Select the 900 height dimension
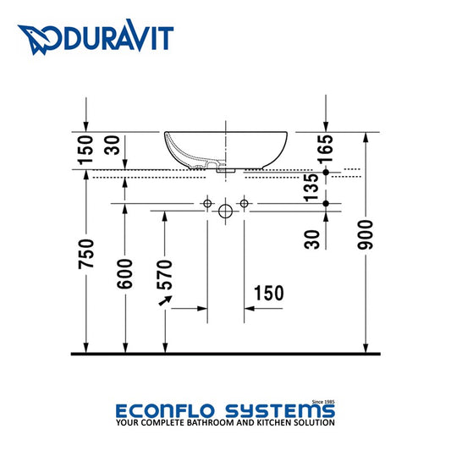click(x=366, y=234)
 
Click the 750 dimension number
click(x=86, y=254)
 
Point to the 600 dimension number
click(x=125, y=274)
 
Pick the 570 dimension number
click(x=164, y=274)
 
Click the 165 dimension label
click(x=325, y=148)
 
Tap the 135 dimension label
click(x=311, y=187)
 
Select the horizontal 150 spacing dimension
click(x=269, y=293)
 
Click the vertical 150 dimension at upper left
click(x=86, y=150)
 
